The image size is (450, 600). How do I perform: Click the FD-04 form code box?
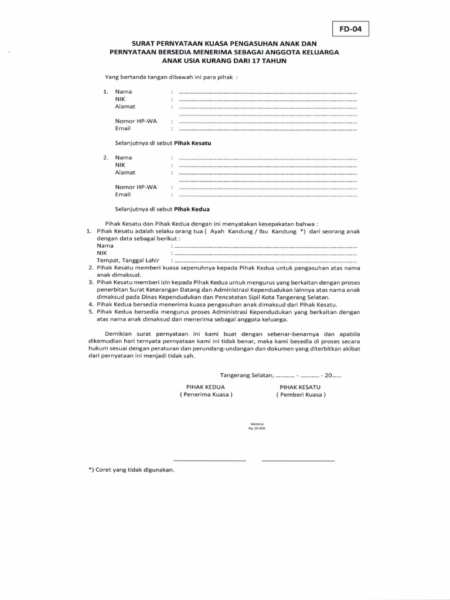click(350, 29)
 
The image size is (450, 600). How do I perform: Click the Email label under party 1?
click(122, 128)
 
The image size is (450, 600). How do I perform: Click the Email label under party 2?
click(122, 195)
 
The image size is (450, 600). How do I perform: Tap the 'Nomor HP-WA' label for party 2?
click(136, 187)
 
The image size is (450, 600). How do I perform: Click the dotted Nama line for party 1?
click(267, 92)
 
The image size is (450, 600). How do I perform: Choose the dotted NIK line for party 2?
click(267, 165)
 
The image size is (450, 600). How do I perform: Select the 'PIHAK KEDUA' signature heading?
click(206, 387)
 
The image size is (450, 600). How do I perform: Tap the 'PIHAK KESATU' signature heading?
click(300, 387)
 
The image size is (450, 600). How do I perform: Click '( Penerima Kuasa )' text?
click(206, 395)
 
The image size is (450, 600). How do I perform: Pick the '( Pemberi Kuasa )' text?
click(301, 395)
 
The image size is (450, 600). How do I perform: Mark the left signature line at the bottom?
click(209, 461)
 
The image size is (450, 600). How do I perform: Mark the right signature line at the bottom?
click(298, 461)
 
